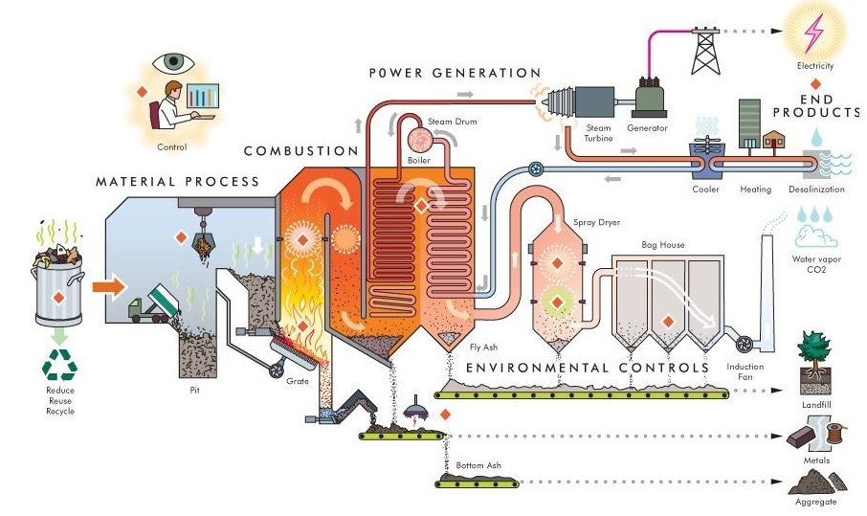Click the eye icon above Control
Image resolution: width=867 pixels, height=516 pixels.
point(173,61)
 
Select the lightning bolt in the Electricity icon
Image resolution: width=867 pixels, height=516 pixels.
point(815,31)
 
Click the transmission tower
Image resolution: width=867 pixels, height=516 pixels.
point(706,48)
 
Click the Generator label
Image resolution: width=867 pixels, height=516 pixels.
point(648,128)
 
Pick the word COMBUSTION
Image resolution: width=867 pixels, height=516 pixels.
point(300,151)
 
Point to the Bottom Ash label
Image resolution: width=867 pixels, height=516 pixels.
point(478,465)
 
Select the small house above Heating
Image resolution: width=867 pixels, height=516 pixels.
point(773,142)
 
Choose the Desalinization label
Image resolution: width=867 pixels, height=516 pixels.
point(817,190)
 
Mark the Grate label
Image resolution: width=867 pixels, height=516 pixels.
point(298,381)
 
